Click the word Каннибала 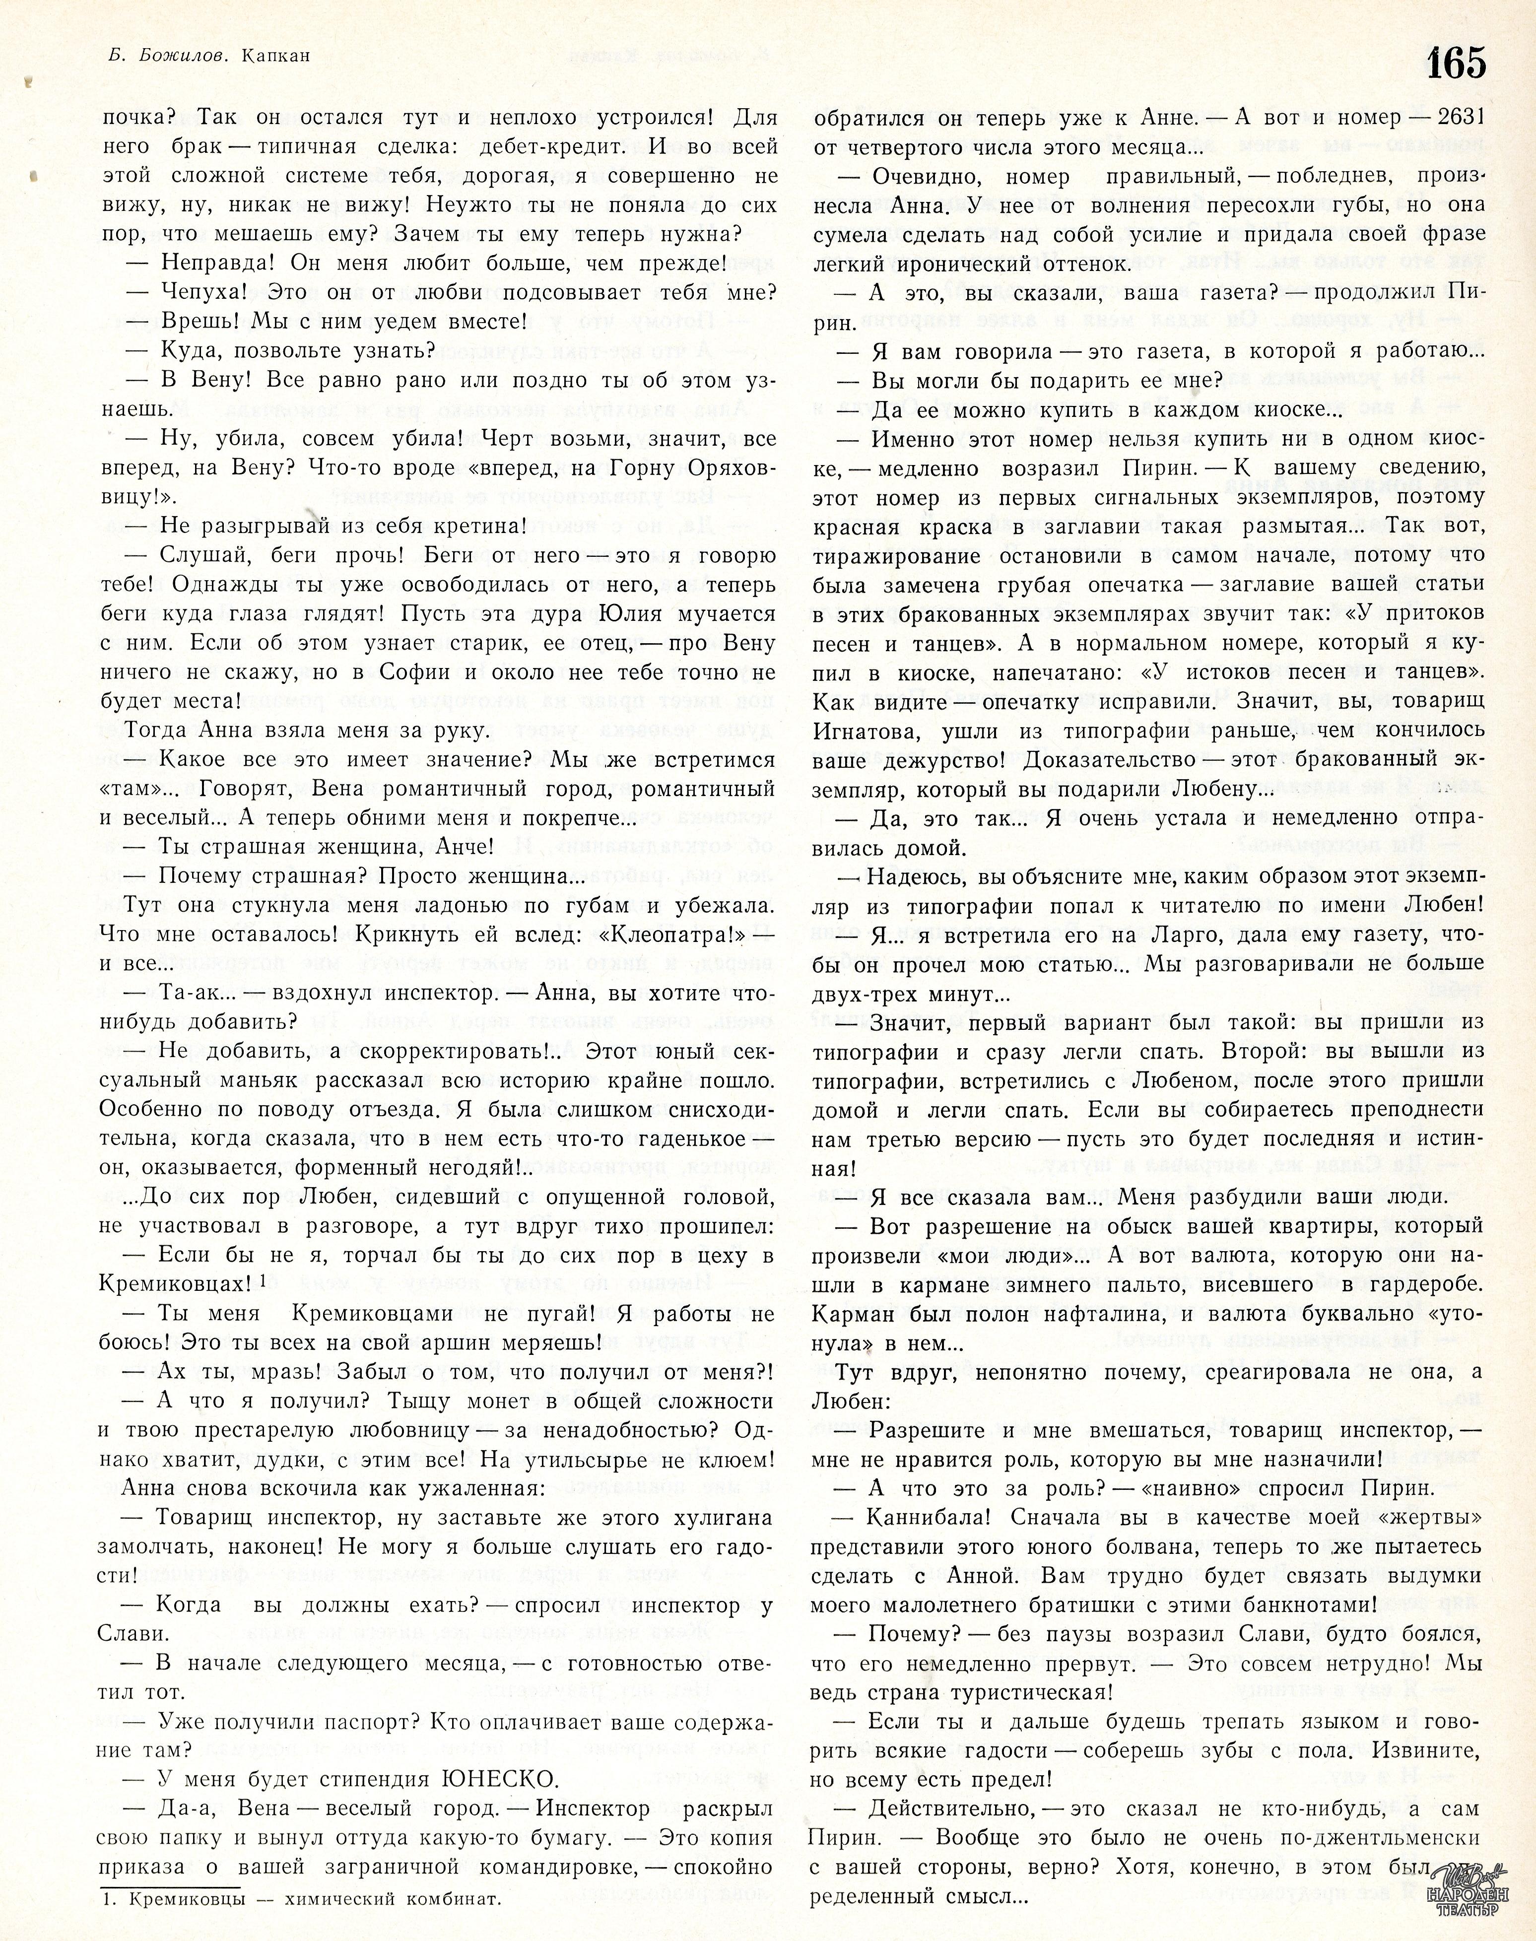click(930, 1517)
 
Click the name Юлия click(664, 614)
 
